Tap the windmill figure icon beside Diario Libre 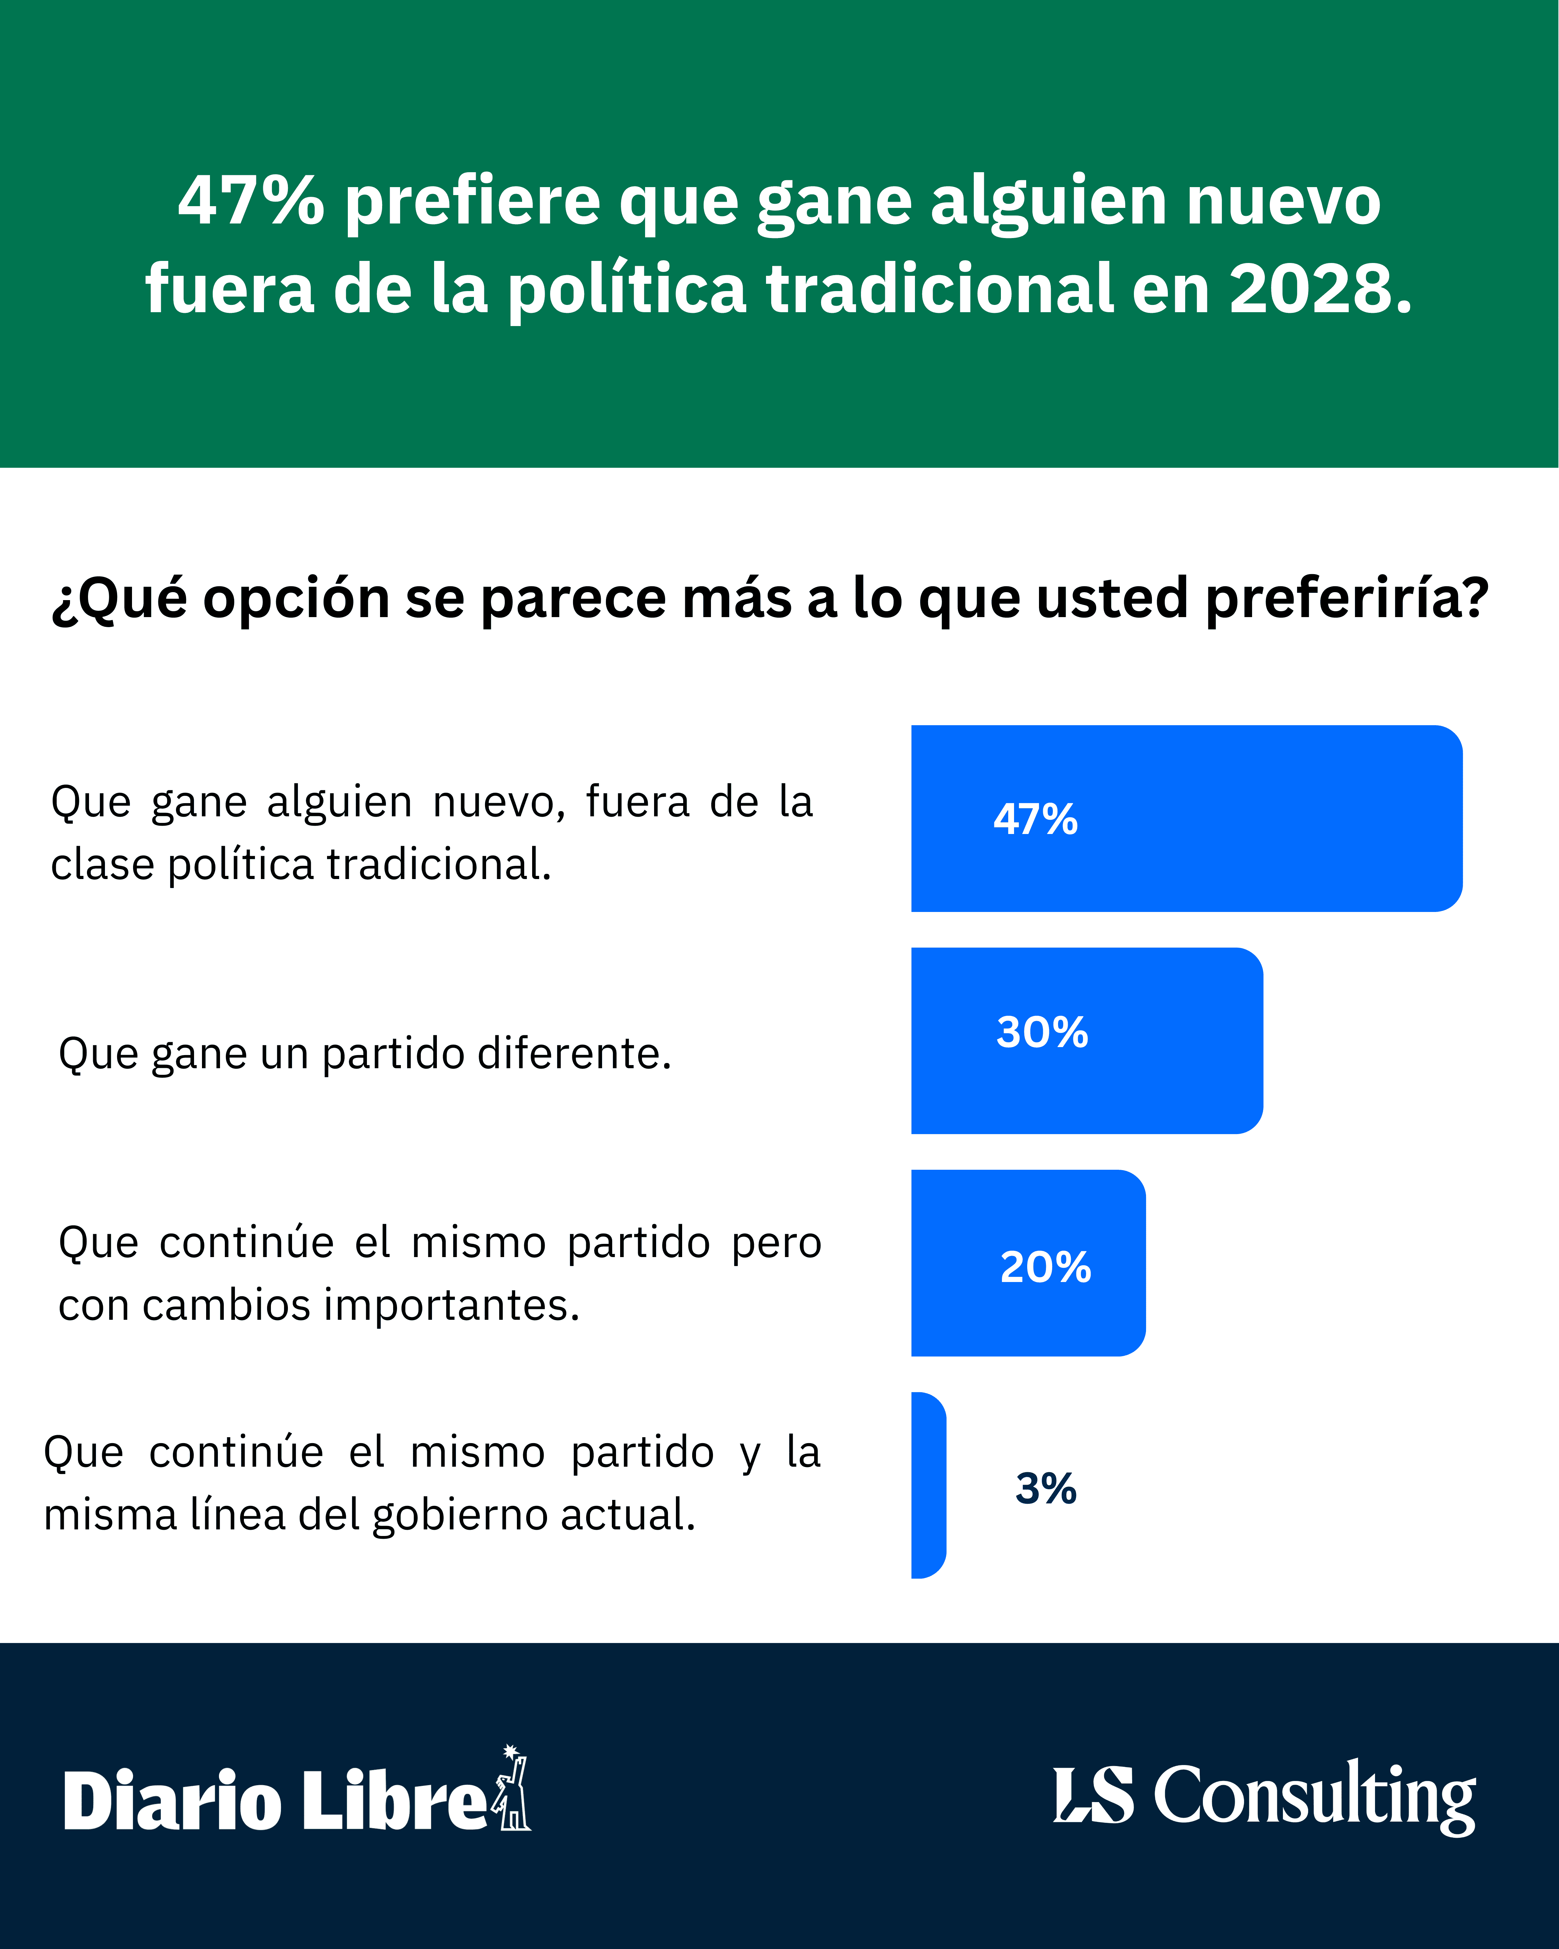click(x=512, y=1790)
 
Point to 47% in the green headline click(x=250, y=201)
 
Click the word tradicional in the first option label click(x=438, y=864)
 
